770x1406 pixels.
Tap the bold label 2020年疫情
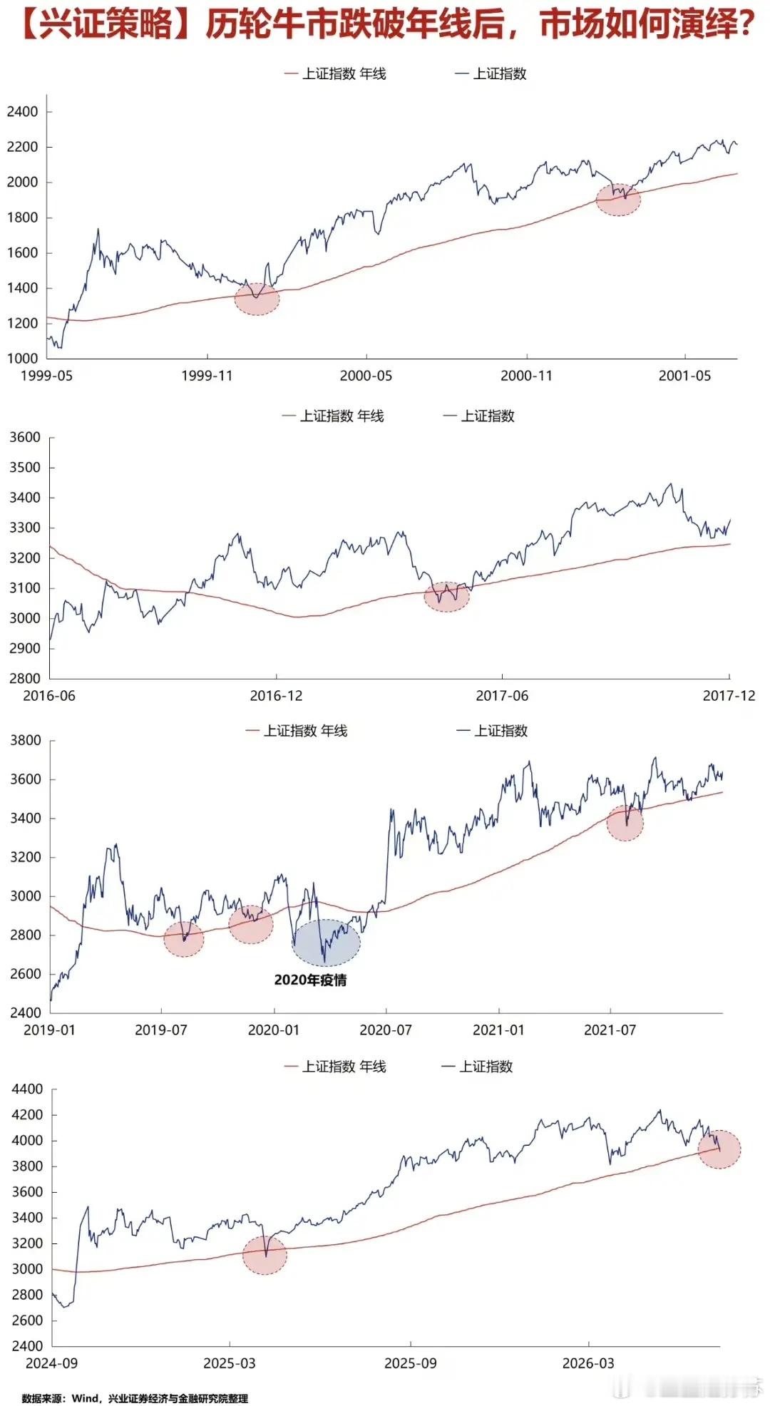pos(310,980)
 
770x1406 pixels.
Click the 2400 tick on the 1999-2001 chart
pos(23,111)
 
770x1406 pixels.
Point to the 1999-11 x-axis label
pos(207,376)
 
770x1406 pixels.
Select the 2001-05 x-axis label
pos(685,376)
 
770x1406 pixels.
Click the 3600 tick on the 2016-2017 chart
pos(25,437)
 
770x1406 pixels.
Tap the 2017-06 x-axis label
pos(502,696)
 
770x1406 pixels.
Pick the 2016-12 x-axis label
pos(276,696)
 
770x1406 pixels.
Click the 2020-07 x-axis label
pos(386,1030)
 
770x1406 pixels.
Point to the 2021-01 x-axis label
pos(498,1030)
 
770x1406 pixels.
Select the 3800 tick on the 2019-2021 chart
pos(26,740)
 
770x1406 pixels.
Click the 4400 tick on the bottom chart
pos(27,1089)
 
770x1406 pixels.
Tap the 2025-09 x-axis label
pos(411,1363)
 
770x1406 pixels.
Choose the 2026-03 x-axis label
pos(588,1363)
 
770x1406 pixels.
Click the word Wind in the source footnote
pos(86,1398)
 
